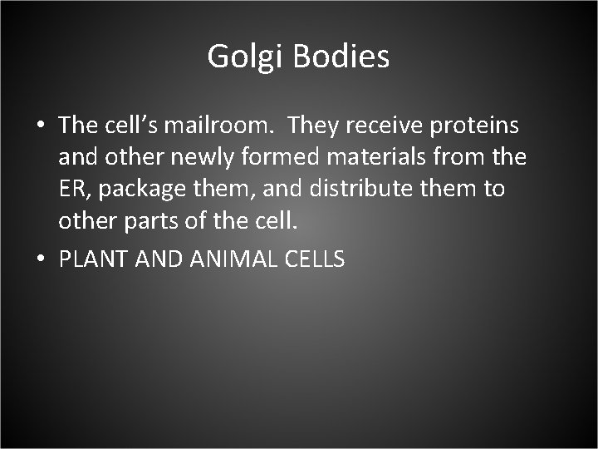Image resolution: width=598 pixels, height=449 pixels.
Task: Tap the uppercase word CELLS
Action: click(x=314, y=259)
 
